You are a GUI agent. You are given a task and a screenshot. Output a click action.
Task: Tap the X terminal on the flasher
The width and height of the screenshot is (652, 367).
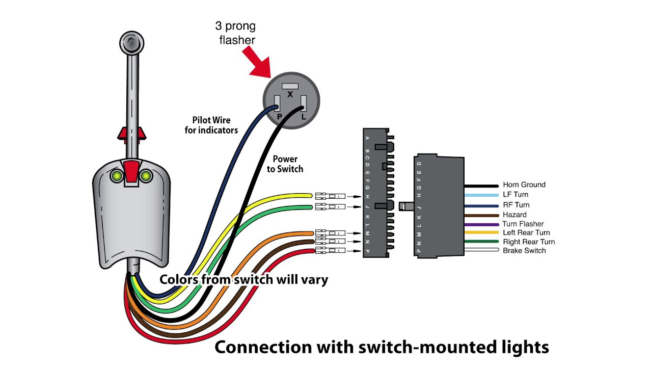290,87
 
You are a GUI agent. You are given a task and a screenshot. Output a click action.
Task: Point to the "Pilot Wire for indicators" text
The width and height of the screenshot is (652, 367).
211,125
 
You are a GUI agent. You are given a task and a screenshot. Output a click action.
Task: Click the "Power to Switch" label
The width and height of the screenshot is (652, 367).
285,164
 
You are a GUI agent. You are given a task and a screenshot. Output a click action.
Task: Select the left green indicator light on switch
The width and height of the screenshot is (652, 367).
117,176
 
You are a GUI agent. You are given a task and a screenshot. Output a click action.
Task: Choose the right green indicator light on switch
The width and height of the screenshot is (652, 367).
146,176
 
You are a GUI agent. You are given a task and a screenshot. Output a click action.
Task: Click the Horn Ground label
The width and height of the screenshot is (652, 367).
524,185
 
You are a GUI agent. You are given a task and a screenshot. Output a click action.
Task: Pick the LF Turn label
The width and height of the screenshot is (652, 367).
515,195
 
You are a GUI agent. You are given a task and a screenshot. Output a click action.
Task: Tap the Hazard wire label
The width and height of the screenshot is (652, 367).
514,215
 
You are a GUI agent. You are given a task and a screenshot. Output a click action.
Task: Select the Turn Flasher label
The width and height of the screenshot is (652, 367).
523,224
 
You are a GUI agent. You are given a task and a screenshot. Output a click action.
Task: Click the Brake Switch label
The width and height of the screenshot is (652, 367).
524,251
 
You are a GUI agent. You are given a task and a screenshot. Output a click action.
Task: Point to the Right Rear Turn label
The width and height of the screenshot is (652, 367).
529,242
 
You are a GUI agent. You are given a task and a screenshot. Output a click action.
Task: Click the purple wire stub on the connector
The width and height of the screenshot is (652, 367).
481,224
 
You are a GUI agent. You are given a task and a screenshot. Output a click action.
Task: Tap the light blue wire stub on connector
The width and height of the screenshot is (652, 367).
481,195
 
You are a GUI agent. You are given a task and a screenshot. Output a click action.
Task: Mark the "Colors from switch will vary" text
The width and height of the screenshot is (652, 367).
243,279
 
